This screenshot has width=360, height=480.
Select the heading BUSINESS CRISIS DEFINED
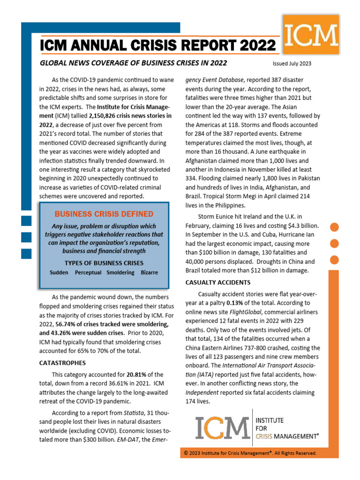click(x=104, y=214)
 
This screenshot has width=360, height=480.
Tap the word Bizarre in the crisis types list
click(x=149, y=272)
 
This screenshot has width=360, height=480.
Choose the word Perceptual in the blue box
click(x=88, y=272)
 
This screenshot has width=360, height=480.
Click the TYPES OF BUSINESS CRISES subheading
click(x=104, y=262)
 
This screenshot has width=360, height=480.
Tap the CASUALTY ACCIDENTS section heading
click(x=218, y=282)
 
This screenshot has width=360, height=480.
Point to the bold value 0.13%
click(x=237, y=303)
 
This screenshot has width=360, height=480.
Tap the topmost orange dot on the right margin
click(x=335, y=227)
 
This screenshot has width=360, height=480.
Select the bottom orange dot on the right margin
click(x=335, y=260)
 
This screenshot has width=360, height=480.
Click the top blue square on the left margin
click(x=26, y=221)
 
